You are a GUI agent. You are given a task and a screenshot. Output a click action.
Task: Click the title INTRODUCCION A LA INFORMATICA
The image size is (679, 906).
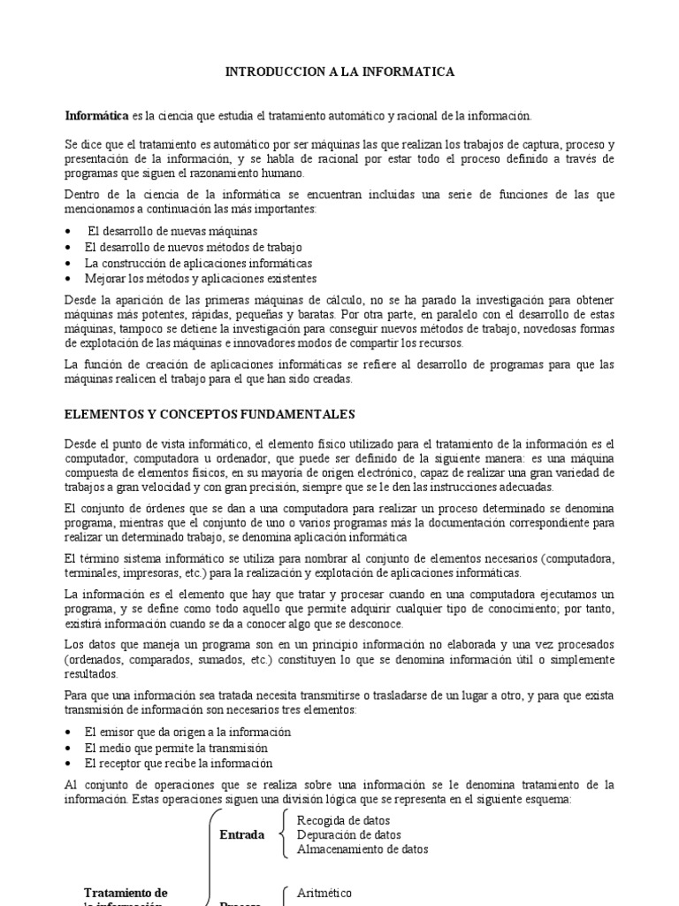coord(339,72)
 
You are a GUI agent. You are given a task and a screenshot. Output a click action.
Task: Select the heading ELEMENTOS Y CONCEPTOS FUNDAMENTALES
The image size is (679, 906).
coord(210,413)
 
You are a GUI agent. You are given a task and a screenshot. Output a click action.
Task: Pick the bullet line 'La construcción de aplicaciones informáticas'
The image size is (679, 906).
coord(198,263)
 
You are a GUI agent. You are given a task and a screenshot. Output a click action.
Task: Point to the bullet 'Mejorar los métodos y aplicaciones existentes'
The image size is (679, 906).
coord(201,279)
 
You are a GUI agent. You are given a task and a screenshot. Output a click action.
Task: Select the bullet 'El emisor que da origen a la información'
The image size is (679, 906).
coord(187,732)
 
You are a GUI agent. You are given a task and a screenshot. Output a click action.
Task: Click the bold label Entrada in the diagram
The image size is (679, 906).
coord(241,834)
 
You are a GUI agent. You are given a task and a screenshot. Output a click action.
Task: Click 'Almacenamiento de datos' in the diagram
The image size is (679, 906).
coord(362,849)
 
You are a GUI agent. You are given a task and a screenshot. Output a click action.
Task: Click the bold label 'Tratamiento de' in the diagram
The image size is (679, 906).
coord(126,893)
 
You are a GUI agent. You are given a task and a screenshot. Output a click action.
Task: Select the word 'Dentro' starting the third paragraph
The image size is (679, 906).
coord(83,195)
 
